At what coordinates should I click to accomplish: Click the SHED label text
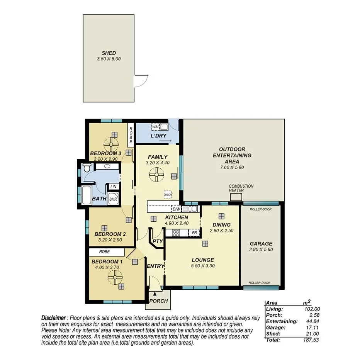point(109,53)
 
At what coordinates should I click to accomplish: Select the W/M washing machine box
point(155,127)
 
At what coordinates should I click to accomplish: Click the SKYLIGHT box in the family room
point(167,194)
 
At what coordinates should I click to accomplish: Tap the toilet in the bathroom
point(87,168)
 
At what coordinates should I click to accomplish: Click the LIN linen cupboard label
point(113,187)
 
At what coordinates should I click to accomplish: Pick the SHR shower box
point(113,199)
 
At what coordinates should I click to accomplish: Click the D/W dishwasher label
point(176,209)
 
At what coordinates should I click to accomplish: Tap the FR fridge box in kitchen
point(195,233)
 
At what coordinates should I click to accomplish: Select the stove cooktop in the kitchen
point(176,233)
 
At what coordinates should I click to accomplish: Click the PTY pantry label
point(157,241)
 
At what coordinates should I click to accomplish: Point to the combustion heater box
point(236,197)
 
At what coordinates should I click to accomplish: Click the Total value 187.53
point(311,340)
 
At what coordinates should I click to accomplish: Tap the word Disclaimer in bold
point(54,318)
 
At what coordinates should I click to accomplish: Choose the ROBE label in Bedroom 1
point(104,251)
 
